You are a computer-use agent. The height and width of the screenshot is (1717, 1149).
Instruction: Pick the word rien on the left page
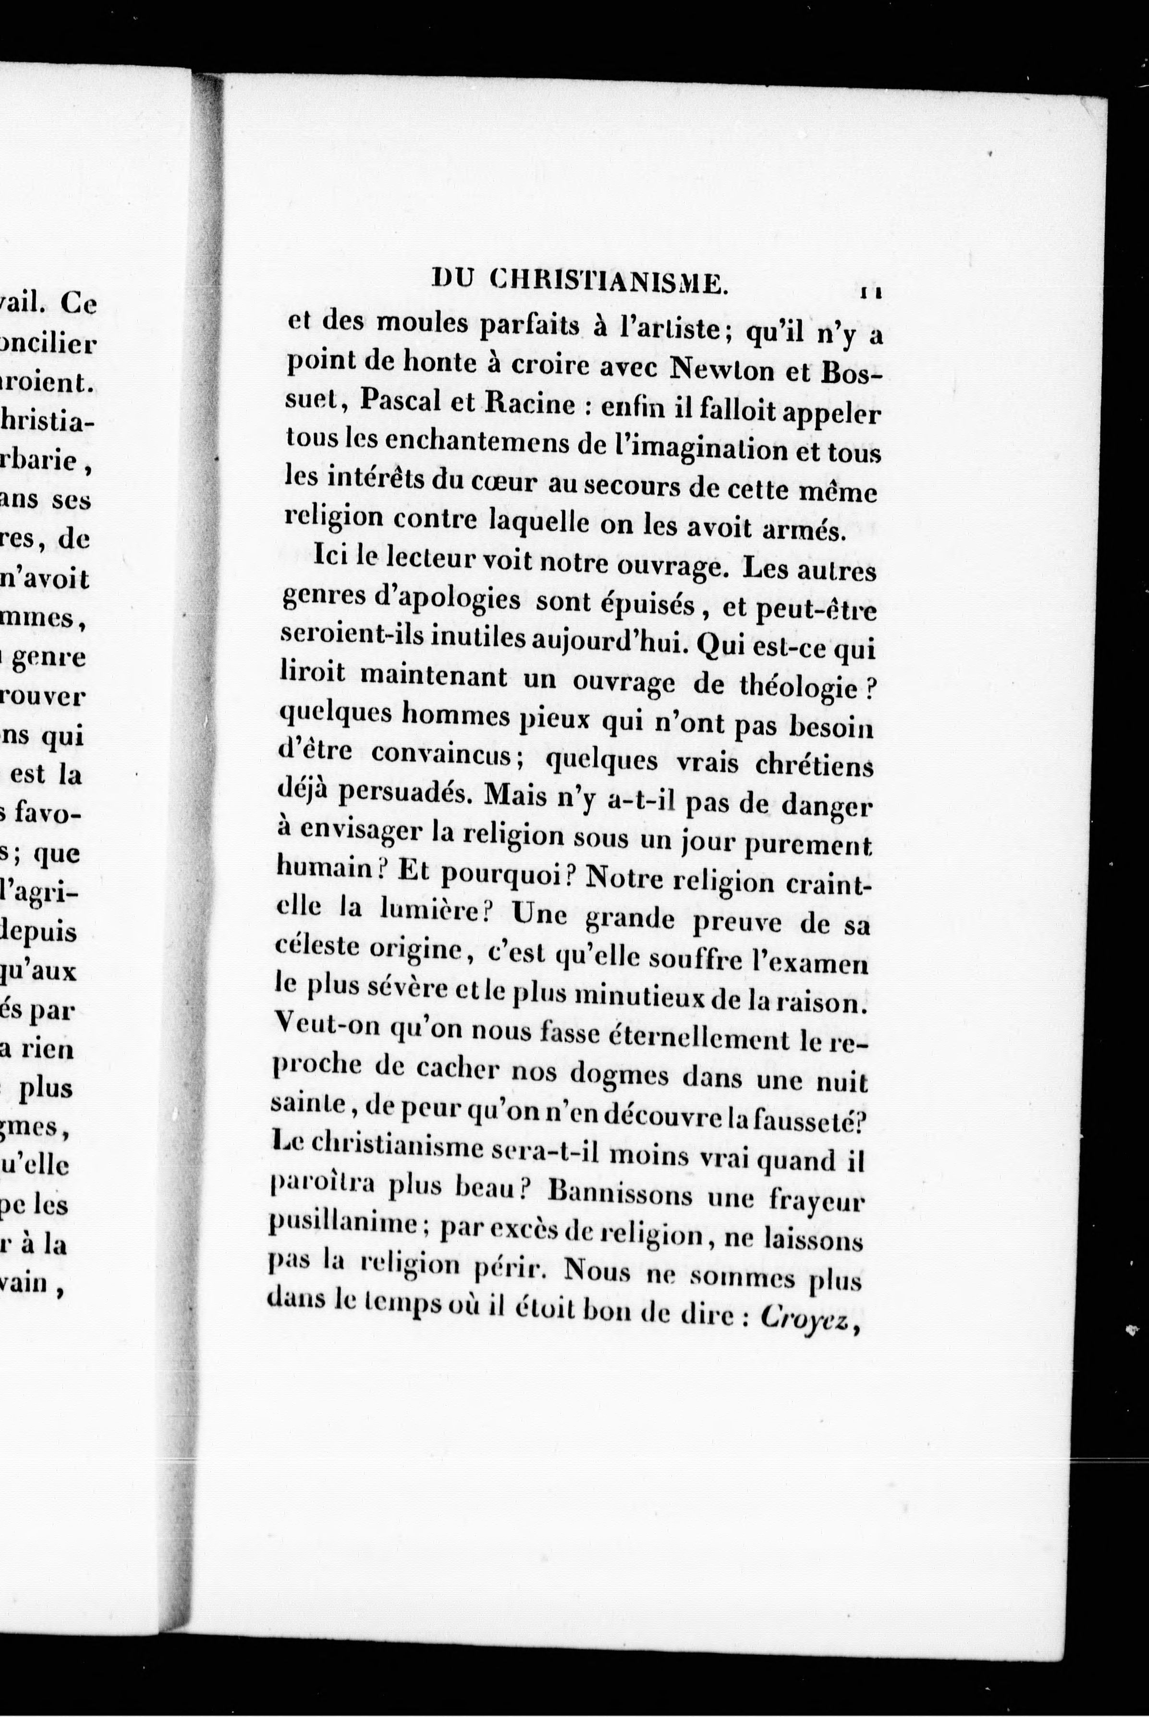coord(46,1049)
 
